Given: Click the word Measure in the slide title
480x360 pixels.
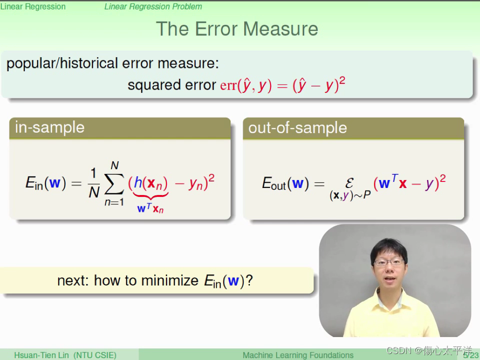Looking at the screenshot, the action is point(280,29).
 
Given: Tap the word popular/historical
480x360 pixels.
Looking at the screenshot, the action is point(62,63).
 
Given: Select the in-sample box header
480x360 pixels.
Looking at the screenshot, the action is point(119,128).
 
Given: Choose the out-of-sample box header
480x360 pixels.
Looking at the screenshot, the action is point(353,128).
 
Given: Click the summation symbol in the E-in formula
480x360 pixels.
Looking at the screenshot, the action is point(114,183).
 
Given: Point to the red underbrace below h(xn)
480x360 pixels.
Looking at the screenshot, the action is point(150,196).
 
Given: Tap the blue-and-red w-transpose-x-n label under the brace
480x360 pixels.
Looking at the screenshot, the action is point(150,208).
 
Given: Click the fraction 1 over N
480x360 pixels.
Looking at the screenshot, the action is point(94,183).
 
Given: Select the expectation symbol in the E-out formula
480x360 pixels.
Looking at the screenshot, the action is point(349,183).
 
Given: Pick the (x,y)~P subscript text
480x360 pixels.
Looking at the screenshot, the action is point(350,195).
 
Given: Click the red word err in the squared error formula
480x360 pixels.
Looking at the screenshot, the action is point(228,85).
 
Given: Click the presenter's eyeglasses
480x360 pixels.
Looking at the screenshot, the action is point(389,262).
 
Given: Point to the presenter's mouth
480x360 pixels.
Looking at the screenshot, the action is point(389,279).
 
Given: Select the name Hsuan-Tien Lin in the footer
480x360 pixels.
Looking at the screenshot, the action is point(41,355).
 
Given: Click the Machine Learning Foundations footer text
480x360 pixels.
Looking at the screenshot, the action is point(298,355).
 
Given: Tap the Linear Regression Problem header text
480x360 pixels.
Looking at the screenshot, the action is point(153,6).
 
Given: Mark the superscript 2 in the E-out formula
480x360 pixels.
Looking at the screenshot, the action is point(442,178).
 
